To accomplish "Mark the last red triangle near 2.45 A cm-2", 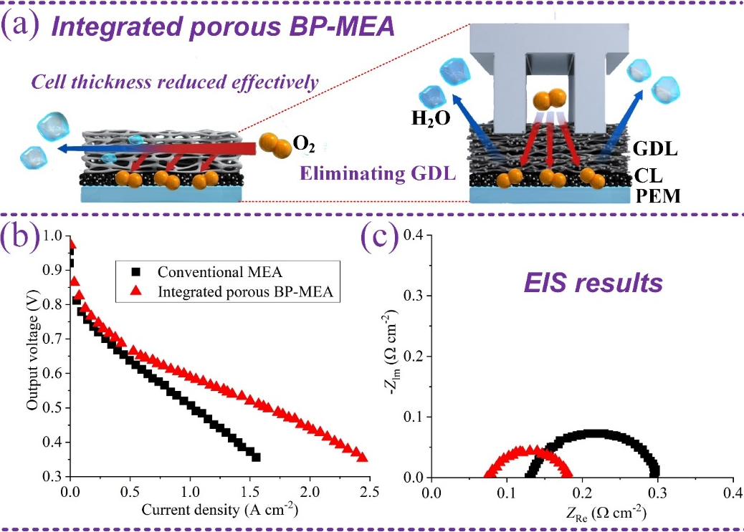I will click(362, 457).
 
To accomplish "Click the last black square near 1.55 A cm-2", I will click(256, 457).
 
